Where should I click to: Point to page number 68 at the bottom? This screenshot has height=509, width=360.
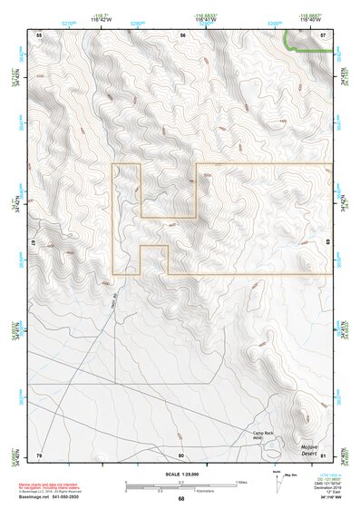(x=180, y=499)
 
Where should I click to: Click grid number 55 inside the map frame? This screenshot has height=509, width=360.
(x=38, y=35)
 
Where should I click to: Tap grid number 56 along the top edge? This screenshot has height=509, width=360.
(x=181, y=35)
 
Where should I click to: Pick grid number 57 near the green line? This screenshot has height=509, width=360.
(x=323, y=35)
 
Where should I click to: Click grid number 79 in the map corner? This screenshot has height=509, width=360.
(x=38, y=455)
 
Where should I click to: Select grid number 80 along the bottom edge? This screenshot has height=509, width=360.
(x=181, y=455)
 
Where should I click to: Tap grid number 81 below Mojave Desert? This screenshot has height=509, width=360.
(x=323, y=455)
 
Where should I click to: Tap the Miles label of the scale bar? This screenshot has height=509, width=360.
(x=240, y=481)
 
